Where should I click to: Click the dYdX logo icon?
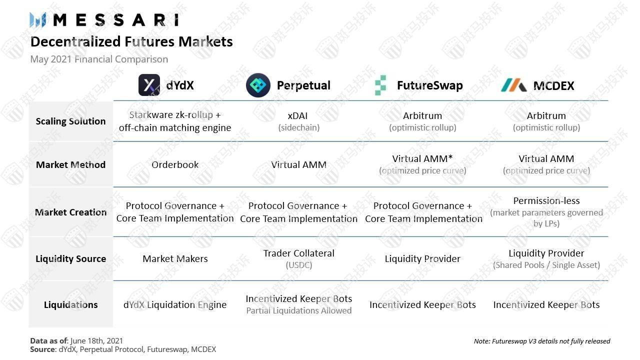tap(149, 85)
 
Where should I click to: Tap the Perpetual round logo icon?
tap(258, 85)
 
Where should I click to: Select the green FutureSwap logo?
tap(380, 85)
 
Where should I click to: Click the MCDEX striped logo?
tap(513, 85)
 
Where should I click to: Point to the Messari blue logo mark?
tap(37, 20)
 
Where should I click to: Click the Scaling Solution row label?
tap(70, 121)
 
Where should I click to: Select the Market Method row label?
tap(70, 165)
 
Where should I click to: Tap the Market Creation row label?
tap(70, 212)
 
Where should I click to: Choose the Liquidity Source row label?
tap(70, 259)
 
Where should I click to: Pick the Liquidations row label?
tap(70, 305)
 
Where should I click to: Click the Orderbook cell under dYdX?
tap(175, 165)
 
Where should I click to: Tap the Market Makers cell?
tap(175, 259)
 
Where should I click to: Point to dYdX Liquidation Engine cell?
tap(175, 305)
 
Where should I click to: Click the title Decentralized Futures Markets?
tap(131, 41)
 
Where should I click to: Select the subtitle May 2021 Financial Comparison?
tap(99, 59)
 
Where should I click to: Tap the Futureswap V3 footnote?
tap(541, 341)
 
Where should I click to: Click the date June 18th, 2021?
tap(96, 341)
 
